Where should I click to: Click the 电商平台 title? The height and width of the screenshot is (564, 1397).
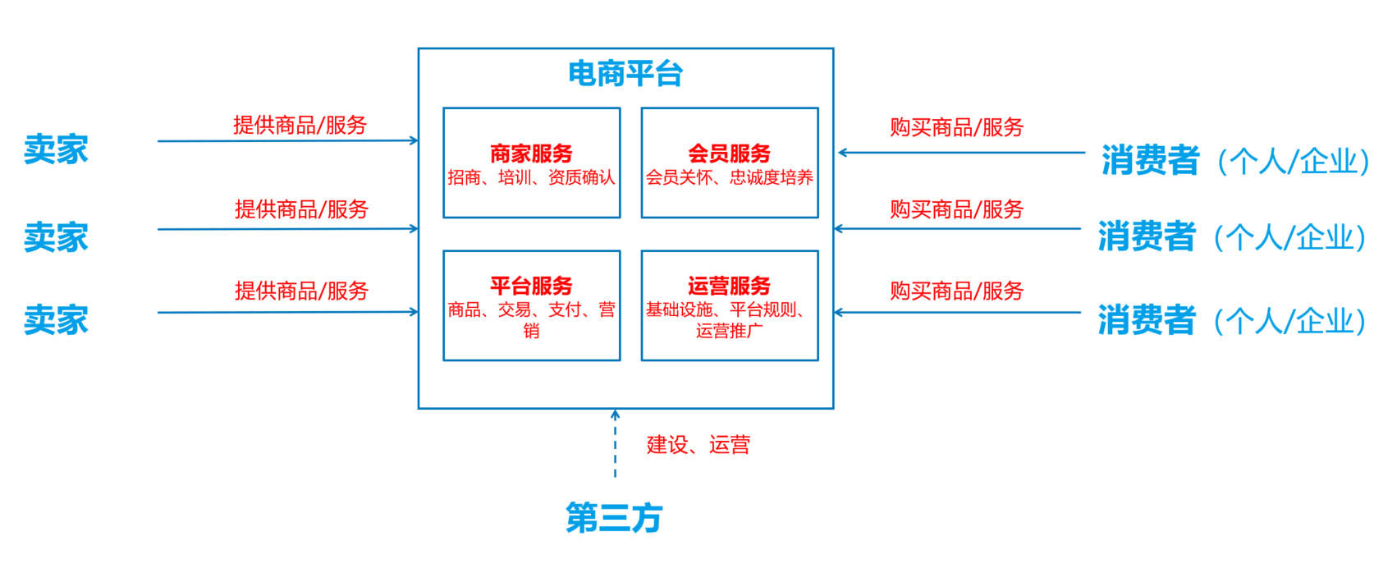pos(625,74)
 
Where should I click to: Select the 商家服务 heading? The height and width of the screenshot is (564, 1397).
pos(531,154)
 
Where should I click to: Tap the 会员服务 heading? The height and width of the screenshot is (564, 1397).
pos(729,154)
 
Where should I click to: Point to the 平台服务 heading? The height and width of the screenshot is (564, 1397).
pos(531,286)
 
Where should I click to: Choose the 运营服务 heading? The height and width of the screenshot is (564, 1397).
pos(729,286)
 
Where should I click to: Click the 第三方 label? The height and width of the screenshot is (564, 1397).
pos(614,518)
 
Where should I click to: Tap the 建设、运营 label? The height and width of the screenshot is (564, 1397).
pos(698,445)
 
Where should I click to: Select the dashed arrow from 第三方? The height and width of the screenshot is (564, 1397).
pos(615,447)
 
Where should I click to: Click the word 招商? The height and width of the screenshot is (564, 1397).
pos(465,177)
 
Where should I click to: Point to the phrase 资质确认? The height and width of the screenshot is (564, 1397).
pos(581,177)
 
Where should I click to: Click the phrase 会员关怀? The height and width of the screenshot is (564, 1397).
pos(679,177)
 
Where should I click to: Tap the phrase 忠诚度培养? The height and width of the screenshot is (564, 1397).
pos(772,177)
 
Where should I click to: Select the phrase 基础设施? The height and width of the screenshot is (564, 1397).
pos(679,310)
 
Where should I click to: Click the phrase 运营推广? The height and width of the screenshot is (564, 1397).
pos(729,331)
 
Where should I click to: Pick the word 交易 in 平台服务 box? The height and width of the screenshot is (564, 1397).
pos(515,310)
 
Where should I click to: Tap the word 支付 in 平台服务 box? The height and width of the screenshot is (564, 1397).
pos(565,310)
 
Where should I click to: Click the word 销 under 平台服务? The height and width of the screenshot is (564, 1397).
pos(531,331)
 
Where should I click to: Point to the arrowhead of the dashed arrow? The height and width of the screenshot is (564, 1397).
pos(615,415)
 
